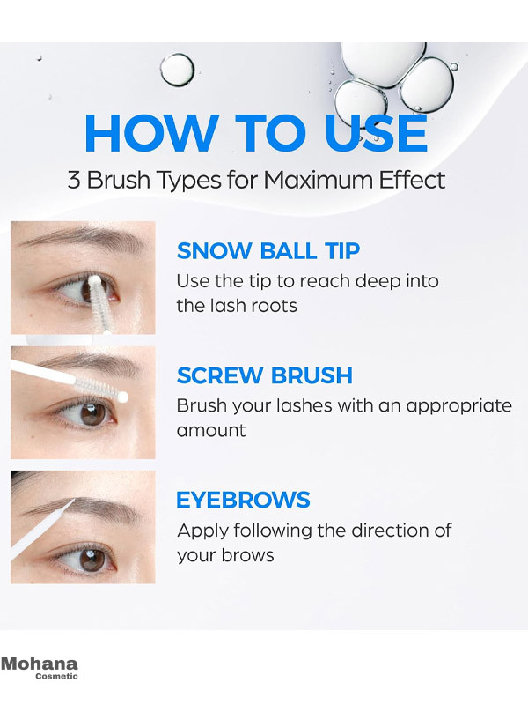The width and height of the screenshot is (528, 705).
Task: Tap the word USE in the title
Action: click(x=376, y=133)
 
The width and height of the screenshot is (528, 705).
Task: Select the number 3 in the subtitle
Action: click(x=74, y=180)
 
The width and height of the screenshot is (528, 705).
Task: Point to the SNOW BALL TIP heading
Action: click(x=268, y=251)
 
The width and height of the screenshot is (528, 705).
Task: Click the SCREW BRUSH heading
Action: click(x=265, y=375)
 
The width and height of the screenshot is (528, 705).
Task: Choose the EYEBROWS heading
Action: click(x=243, y=500)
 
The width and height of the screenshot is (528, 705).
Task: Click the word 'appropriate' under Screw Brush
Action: click(x=458, y=407)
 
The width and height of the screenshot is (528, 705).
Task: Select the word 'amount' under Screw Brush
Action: click(x=211, y=431)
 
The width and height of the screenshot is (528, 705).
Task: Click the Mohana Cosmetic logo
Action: click(x=40, y=668)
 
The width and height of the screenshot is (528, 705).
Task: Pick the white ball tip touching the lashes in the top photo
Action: click(x=94, y=281)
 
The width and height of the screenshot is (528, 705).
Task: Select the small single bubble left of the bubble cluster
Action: click(x=178, y=70)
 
